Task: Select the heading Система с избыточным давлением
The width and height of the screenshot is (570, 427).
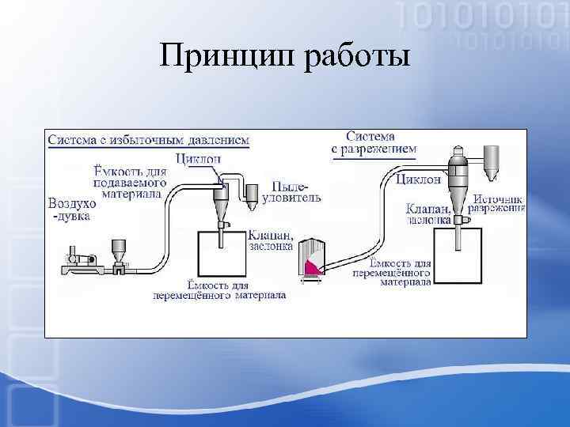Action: [149, 140]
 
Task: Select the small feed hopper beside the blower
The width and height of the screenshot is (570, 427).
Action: [120, 250]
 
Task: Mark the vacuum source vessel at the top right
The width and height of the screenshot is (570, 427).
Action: [490, 160]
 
